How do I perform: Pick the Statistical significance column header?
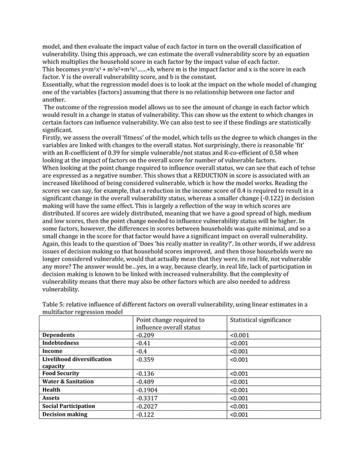[261, 320]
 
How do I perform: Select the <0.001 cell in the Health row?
[240, 389]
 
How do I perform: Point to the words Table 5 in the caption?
[56, 305]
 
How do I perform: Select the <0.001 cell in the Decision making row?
[240, 414]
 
